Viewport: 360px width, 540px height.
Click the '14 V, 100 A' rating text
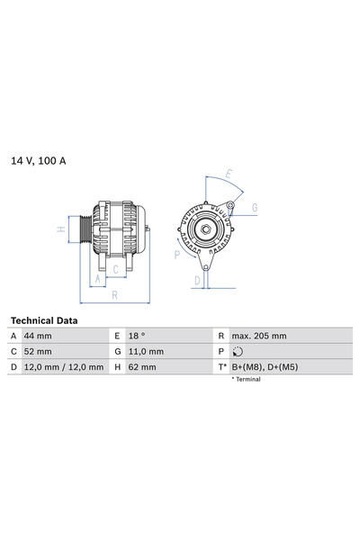[39, 160]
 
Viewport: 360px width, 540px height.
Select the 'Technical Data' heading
[44, 320]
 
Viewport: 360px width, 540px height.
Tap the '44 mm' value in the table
[39, 336]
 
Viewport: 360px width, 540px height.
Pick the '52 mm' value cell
[39, 351]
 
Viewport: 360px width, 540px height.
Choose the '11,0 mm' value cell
[145, 351]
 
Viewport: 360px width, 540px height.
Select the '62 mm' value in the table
[142, 367]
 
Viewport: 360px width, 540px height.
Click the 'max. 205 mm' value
[259, 336]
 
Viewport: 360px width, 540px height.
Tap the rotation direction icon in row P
[237, 351]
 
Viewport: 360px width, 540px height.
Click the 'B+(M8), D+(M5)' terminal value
[266, 367]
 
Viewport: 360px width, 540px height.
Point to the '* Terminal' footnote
[247, 380]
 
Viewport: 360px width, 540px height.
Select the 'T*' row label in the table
[220, 367]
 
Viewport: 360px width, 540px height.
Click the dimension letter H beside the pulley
[60, 229]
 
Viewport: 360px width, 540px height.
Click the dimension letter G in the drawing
[255, 208]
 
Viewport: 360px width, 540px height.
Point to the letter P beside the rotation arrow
[177, 255]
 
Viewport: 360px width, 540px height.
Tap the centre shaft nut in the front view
[205, 229]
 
